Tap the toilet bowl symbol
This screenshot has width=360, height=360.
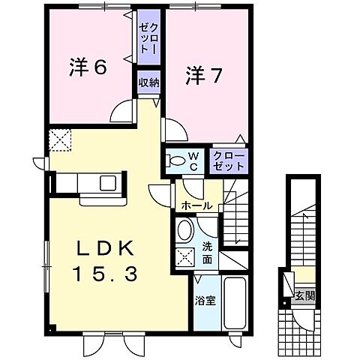pyautogui.click(x=175, y=160)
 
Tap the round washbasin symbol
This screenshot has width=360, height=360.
pyautogui.click(x=184, y=230)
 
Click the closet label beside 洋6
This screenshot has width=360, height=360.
pyautogui.click(x=145, y=35)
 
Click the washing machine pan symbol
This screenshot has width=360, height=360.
pyautogui.click(x=184, y=256)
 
